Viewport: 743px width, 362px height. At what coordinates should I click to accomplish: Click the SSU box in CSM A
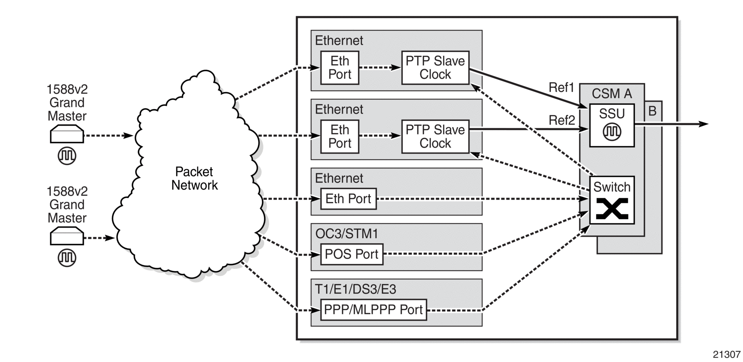(x=612, y=125)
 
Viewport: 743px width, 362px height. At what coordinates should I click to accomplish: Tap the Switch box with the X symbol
(x=612, y=200)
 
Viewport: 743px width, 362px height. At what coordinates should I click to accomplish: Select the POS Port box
(x=351, y=254)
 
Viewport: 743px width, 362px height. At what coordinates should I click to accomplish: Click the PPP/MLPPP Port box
(x=373, y=309)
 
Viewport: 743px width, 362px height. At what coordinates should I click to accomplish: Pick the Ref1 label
(x=562, y=87)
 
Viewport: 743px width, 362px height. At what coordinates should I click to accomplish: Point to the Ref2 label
(x=562, y=120)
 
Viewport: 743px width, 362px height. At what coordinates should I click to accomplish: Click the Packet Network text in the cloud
(x=195, y=178)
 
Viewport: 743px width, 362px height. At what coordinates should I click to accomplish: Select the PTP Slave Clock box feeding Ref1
(x=435, y=67)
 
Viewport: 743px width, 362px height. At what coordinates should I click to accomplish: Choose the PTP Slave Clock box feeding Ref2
(x=435, y=136)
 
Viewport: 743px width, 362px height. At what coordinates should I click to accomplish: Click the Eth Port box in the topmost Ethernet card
(x=340, y=67)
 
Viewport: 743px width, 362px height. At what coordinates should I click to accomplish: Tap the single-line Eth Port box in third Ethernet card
(x=348, y=199)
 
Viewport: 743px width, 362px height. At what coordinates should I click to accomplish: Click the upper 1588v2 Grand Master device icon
(x=67, y=134)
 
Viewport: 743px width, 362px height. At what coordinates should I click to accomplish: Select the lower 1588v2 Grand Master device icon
(x=67, y=236)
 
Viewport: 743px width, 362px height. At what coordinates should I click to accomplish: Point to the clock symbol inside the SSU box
(x=612, y=132)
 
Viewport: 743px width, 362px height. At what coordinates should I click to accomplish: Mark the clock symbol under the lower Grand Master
(x=67, y=258)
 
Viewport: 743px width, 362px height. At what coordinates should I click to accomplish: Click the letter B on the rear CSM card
(x=652, y=111)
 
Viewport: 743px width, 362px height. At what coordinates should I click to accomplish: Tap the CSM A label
(x=612, y=94)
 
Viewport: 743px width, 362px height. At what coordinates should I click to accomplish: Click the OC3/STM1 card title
(x=347, y=234)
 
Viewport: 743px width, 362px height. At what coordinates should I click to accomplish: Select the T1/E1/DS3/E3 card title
(x=355, y=289)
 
